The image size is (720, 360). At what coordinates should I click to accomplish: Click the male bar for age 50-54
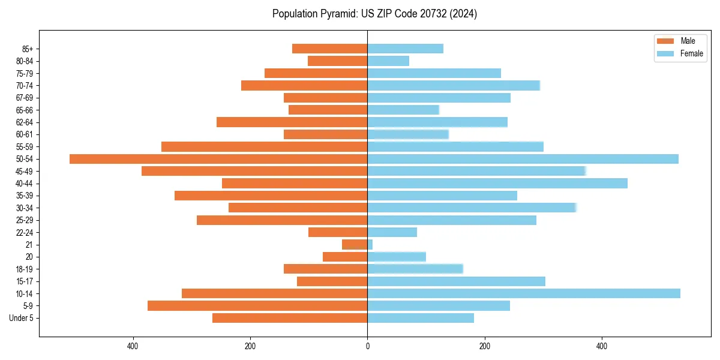[218, 159]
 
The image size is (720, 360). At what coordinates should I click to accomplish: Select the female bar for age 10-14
[523, 293]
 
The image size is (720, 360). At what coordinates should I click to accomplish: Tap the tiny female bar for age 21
[370, 245]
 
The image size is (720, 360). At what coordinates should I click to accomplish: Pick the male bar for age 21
[355, 245]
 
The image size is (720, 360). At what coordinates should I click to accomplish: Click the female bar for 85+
[405, 49]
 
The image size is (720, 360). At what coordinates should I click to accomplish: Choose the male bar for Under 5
[290, 318]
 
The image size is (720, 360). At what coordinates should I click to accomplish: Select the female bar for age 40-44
[497, 184]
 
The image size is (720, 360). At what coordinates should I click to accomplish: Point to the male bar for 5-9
[257, 306]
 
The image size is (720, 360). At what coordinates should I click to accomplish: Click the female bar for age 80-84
[388, 61]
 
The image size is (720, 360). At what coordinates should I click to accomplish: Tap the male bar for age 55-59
[264, 147]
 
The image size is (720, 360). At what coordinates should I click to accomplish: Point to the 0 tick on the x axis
[367, 346]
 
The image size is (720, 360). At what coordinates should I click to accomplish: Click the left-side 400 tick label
[133, 346]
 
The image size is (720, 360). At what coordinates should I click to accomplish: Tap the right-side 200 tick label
[485, 346]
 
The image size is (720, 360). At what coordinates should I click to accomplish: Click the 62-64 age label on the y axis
[25, 122]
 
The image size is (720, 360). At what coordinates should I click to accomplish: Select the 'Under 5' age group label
[21, 318]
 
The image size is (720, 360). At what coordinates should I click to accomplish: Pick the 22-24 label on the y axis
[25, 233]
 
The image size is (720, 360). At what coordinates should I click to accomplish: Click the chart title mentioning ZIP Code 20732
[374, 14]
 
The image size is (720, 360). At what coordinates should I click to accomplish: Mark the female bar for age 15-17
[456, 281]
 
